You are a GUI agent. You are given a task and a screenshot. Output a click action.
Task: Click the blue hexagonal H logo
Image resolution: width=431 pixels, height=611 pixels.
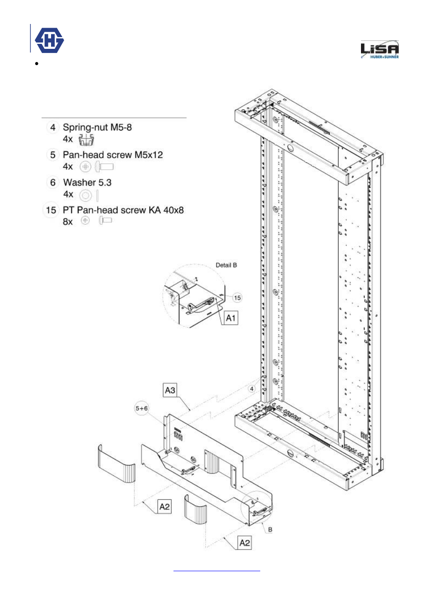click(x=49, y=41)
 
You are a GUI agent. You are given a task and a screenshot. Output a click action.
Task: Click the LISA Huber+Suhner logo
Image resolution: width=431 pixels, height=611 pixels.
click(x=379, y=50)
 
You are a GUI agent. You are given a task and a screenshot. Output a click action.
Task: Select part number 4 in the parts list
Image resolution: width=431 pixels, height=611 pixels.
click(x=53, y=128)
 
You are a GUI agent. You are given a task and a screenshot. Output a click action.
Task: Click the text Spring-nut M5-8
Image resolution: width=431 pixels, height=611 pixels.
click(x=97, y=128)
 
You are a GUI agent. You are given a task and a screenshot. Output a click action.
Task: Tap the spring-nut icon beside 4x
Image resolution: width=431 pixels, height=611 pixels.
click(x=86, y=140)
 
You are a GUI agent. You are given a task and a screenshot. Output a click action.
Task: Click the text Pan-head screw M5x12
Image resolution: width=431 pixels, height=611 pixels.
click(x=112, y=155)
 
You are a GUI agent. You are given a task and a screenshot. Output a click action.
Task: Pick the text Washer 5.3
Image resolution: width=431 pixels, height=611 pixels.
click(x=87, y=183)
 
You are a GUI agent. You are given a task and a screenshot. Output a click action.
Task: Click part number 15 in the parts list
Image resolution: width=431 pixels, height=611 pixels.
click(x=51, y=210)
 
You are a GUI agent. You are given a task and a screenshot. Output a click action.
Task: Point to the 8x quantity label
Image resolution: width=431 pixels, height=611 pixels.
click(x=68, y=222)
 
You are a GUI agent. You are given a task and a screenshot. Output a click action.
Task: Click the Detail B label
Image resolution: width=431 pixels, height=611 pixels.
click(x=226, y=265)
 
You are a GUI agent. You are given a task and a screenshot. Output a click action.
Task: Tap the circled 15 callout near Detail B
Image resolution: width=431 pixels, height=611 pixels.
click(x=237, y=298)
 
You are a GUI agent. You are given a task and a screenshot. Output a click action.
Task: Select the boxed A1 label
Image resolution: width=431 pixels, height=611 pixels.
click(x=231, y=318)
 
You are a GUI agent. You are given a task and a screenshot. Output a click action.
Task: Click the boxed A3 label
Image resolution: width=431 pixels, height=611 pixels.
click(x=170, y=390)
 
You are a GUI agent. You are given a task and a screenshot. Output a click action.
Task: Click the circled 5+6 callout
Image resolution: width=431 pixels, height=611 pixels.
click(x=141, y=408)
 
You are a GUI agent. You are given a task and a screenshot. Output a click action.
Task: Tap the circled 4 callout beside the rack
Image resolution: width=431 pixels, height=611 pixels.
click(x=252, y=388)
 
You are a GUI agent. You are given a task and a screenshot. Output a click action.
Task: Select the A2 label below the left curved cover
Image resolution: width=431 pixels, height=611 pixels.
click(x=164, y=507)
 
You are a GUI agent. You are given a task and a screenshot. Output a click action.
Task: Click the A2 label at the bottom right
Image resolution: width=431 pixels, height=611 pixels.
click(x=244, y=543)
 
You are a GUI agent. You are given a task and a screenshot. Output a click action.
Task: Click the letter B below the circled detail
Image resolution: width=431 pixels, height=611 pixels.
click(x=270, y=530)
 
